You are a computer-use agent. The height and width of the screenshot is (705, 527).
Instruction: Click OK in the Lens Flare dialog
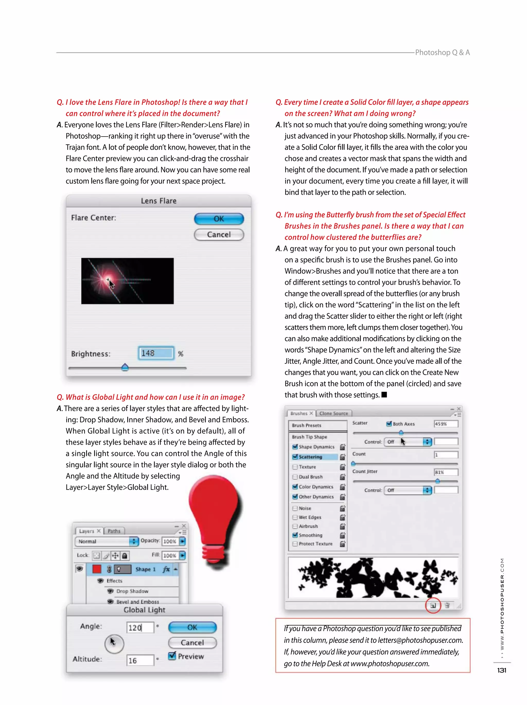[219, 219]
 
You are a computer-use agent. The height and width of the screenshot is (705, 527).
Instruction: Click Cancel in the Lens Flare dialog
[219, 235]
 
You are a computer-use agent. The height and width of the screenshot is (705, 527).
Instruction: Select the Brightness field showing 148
[156, 353]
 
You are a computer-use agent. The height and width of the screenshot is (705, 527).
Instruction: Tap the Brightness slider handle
[125, 368]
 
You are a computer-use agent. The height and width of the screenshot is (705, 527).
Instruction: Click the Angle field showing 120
[140, 628]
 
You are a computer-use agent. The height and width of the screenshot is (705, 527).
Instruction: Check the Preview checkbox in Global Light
[172, 656]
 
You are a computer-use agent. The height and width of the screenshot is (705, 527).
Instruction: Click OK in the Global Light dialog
[192, 627]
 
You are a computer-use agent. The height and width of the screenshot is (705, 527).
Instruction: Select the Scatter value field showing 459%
[446, 424]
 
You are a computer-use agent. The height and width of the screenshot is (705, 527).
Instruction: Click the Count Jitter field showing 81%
[446, 472]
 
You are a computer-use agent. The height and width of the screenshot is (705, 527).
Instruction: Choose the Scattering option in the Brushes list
[310, 457]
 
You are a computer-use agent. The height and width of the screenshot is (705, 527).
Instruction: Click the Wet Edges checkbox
[295, 517]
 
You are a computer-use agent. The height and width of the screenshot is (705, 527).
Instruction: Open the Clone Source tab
[333, 413]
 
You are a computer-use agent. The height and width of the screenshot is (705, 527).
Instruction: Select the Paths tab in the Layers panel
[114, 531]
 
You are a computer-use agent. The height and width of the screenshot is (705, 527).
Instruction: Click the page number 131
[502, 670]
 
